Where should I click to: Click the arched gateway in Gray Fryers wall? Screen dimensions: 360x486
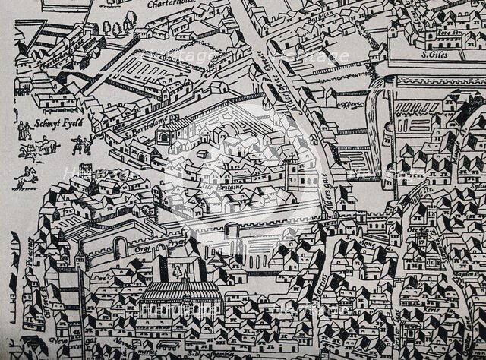(x=118, y=248)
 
